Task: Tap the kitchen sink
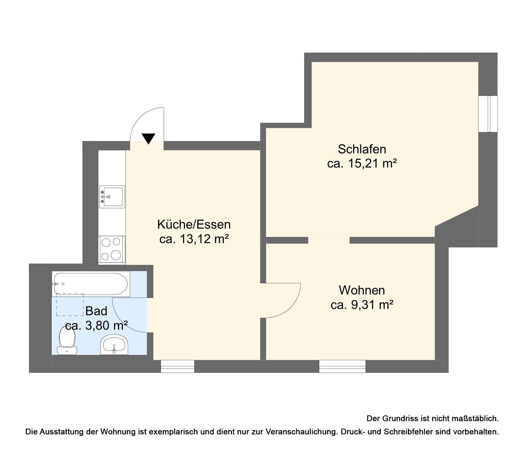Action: (112, 197)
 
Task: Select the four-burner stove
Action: (112, 249)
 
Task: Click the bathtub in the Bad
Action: (91, 284)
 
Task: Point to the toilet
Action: (67, 340)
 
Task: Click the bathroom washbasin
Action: (114, 345)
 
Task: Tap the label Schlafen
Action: (362, 149)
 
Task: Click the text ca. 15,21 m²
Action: (362, 164)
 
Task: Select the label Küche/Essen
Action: (194, 225)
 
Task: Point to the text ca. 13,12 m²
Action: (194, 239)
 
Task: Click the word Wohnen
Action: (362, 290)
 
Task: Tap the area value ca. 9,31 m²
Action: (362, 305)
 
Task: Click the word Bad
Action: (97, 311)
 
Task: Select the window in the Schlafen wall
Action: (488, 114)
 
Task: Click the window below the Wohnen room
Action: (342, 366)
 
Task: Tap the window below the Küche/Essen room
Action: (178, 366)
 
